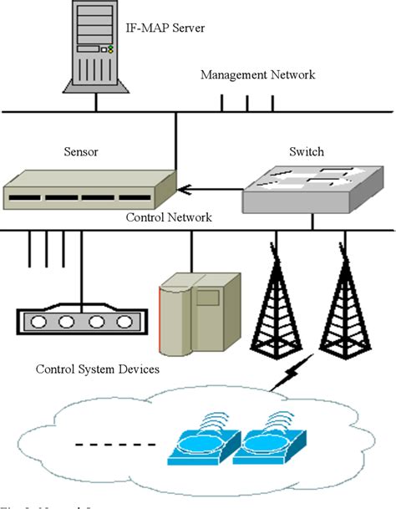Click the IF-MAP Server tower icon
(x=95, y=48)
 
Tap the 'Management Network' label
(x=257, y=76)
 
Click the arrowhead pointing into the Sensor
(x=185, y=188)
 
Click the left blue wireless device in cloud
(x=198, y=447)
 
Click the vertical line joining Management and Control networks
(x=176, y=139)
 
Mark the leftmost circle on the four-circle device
(x=37, y=322)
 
